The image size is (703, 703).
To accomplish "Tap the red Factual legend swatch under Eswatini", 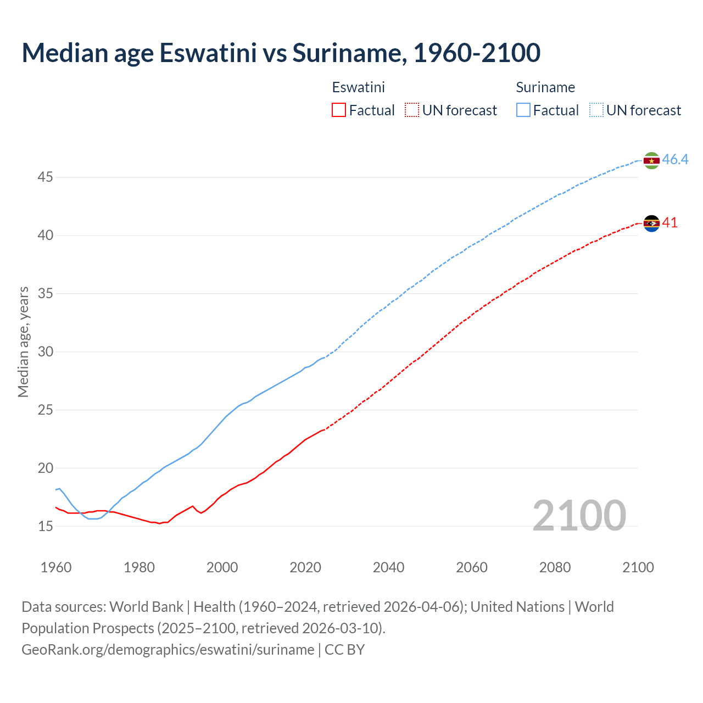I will click(339, 110).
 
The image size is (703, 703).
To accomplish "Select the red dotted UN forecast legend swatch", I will click(412, 110).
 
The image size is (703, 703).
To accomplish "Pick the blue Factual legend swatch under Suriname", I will click(523, 110).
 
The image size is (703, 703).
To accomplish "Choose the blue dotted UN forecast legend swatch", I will click(596, 110).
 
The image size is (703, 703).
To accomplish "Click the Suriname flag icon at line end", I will click(651, 160).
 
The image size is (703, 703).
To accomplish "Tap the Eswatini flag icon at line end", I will click(651, 223).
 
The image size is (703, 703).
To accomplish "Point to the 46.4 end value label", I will click(675, 160).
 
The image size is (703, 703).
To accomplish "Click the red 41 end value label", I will click(670, 222).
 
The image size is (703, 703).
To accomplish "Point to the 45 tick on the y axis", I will click(45, 177).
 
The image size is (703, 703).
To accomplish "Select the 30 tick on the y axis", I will click(45, 351).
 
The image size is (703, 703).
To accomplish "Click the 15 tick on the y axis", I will click(45, 526).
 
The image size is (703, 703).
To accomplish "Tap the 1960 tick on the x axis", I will click(56, 567).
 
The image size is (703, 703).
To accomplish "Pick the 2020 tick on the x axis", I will click(305, 567).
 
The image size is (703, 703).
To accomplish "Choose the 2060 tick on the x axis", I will click(472, 567).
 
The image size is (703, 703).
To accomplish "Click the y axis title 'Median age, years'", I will click(23, 342).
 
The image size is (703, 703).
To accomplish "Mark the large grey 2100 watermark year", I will click(579, 516).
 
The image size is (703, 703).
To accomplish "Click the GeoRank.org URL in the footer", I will click(168, 650).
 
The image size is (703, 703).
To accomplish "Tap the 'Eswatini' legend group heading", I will click(358, 87).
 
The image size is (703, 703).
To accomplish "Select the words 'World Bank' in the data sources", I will click(146, 607).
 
